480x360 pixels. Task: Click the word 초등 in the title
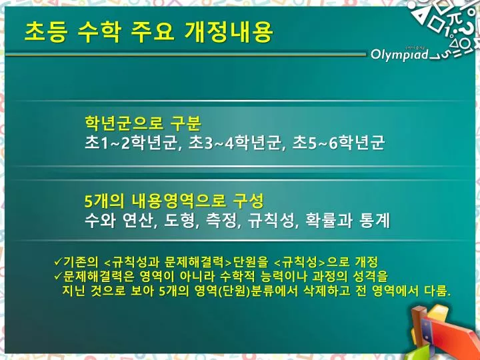point(45,32)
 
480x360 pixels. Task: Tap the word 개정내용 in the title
point(229,32)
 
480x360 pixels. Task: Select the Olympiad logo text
point(399,55)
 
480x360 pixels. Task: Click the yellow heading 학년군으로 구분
point(143,123)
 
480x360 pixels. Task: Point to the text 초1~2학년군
point(131,143)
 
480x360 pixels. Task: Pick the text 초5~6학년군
point(339,143)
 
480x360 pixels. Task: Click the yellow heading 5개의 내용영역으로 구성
point(174,201)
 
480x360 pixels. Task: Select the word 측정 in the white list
point(222,221)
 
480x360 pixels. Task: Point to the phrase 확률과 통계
point(348,221)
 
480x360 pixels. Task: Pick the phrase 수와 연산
point(119,221)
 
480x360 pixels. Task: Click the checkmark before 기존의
point(58,262)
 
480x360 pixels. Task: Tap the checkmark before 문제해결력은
point(58,276)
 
